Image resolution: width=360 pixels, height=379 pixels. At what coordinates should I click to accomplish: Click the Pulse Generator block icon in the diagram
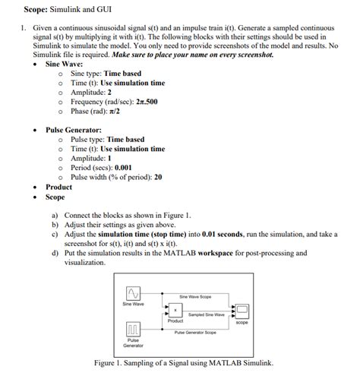click(x=132, y=328)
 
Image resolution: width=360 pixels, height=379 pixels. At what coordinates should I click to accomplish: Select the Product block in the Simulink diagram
click(x=175, y=311)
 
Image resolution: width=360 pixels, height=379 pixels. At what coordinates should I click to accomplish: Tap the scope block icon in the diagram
click(x=242, y=311)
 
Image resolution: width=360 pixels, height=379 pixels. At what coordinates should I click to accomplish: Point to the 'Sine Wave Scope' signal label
click(x=195, y=295)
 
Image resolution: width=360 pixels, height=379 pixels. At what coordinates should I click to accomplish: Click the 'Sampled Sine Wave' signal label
click(x=206, y=314)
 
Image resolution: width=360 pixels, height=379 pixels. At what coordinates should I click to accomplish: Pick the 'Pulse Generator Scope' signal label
click(x=195, y=332)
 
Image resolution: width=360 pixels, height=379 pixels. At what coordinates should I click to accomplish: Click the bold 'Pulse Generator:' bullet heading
click(x=74, y=130)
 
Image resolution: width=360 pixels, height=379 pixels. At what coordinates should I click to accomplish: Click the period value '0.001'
click(x=123, y=167)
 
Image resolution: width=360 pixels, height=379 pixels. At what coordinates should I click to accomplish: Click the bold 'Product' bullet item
click(x=58, y=187)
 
